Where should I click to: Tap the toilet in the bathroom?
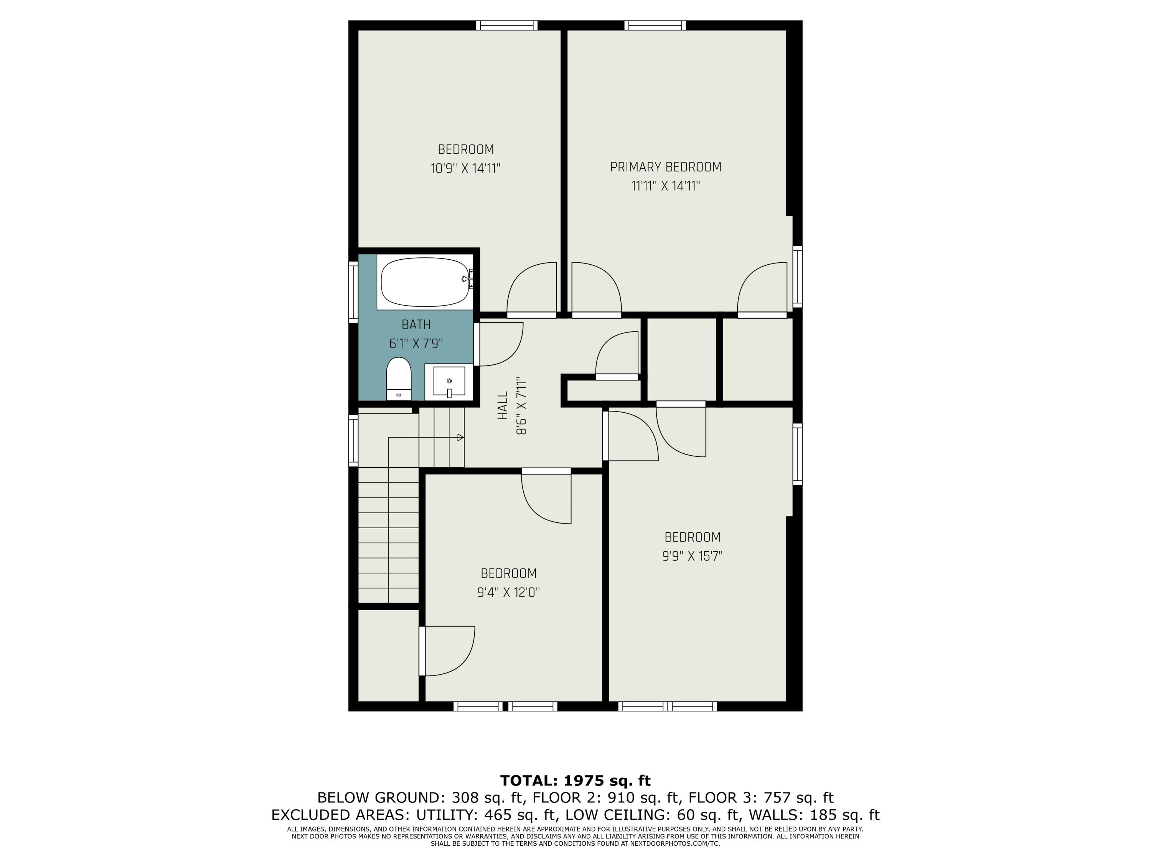[x=399, y=378]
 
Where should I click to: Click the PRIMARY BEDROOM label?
[x=666, y=167]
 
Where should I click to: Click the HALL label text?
[x=503, y=406]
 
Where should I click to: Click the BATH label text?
[x=416, y=324]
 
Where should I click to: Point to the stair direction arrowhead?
[x=460, y=438]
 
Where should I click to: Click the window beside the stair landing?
[x=353, y=440]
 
